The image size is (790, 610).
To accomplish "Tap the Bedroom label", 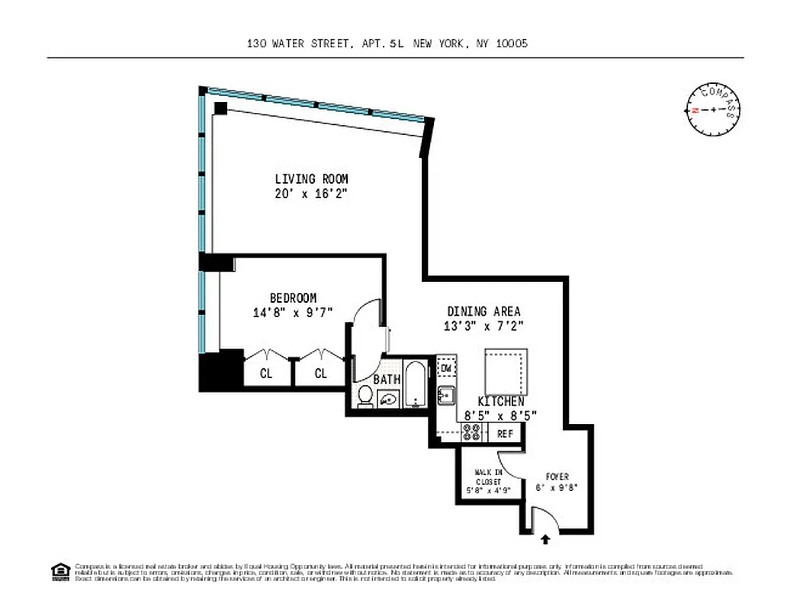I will pyautogui.click(x=293, y=297).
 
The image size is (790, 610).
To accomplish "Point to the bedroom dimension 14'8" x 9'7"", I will pyautogui.click(x=293, y=312).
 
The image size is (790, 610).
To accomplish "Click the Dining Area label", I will pyautogui.click(x=483, y=311).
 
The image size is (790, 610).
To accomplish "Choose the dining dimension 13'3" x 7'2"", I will pyautogui.click(x=483, y=326).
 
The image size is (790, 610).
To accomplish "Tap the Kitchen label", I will pyautogui.click(x=500, y=401).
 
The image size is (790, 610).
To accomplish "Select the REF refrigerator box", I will pyautogui.click(x=505, y=433).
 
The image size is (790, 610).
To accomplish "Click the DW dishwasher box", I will pyautogui.click(x=447, y=368).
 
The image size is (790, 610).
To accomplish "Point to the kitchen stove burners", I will pyautogui.click(x=472, y=433).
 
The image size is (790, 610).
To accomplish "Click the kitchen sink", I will pyautogui.click(x=446, y=395).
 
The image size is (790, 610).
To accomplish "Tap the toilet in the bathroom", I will pyautogui.click(x=365, y=396).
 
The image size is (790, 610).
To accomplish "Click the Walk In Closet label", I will pyautogui.click(x=488, y=482).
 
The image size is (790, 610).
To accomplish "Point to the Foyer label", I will pyautogui.click(x=557, y=477).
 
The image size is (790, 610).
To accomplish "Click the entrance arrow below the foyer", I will pyautogui.click(x=546, y=540).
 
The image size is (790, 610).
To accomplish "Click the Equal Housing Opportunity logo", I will pyautogui.click(x=59, y=571).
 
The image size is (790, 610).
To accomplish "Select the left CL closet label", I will pyautogui.click(x=266, y=374).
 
